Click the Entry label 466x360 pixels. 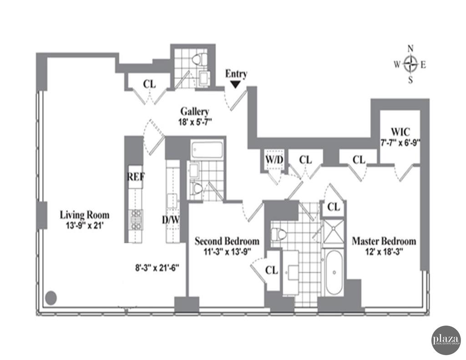point(236,74)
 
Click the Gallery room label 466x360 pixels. point(194,112)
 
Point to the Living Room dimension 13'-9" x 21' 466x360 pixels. point(85,224)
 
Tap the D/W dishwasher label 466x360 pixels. point(171,220)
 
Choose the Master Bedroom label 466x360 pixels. point(384,241)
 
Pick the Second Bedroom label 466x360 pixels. point(227,241)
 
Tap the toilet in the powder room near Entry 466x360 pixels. point(199,59)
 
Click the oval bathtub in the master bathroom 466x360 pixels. point(334,273)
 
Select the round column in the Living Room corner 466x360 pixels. point(51,298)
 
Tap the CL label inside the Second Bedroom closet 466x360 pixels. point(272,270)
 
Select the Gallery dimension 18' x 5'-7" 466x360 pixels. point(194,122)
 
